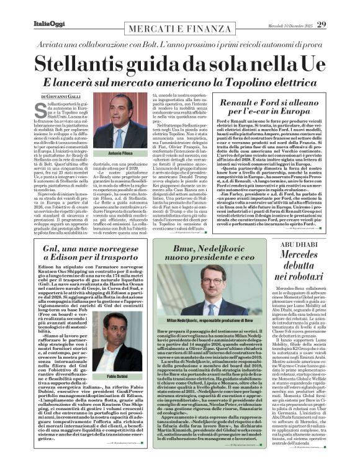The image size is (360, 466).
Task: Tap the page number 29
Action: [339, 7]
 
